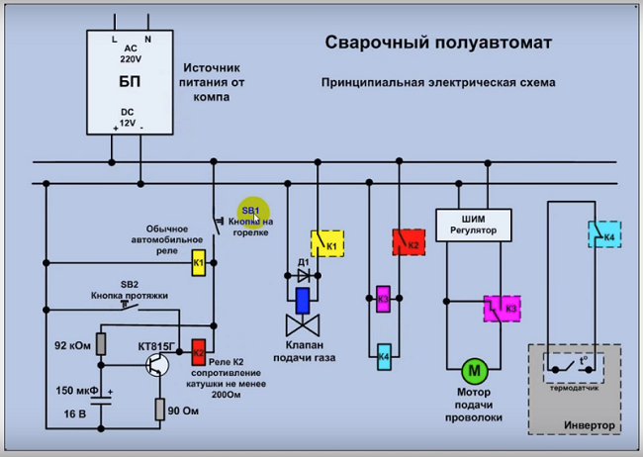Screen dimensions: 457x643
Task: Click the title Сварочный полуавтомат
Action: point(438,44)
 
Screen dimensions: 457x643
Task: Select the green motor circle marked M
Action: point(473,371)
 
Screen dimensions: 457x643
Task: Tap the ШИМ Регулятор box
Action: point(474,225)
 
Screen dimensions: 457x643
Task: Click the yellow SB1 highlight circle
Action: point(251,211)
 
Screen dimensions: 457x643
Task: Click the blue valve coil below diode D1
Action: point(304,298)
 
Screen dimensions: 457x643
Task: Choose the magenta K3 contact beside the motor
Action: point(504,308)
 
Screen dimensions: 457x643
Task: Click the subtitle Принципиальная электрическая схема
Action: point(437,83)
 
